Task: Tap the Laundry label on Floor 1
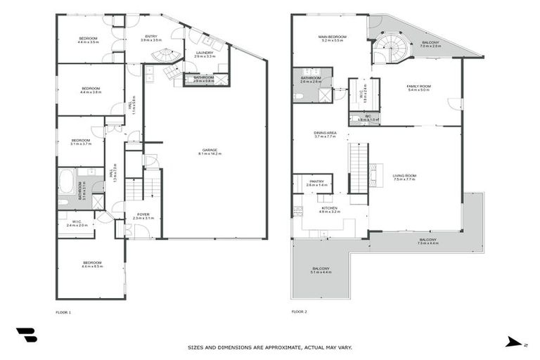(x=205, y=53)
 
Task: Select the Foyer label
(x=143, y=214)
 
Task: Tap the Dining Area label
(x=325, y=132)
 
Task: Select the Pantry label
(x=316, y=181)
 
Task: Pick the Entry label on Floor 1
(x=150, y=37)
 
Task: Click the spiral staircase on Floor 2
(x=387, y=49)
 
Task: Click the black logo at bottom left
(x=26, y=335)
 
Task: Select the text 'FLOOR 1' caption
(x=63, y=311)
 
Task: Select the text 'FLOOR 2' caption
(x=299, y=311)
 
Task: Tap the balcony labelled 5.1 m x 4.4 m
(x=321, y=271)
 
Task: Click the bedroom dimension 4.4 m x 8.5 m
(x=91, y=266)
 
